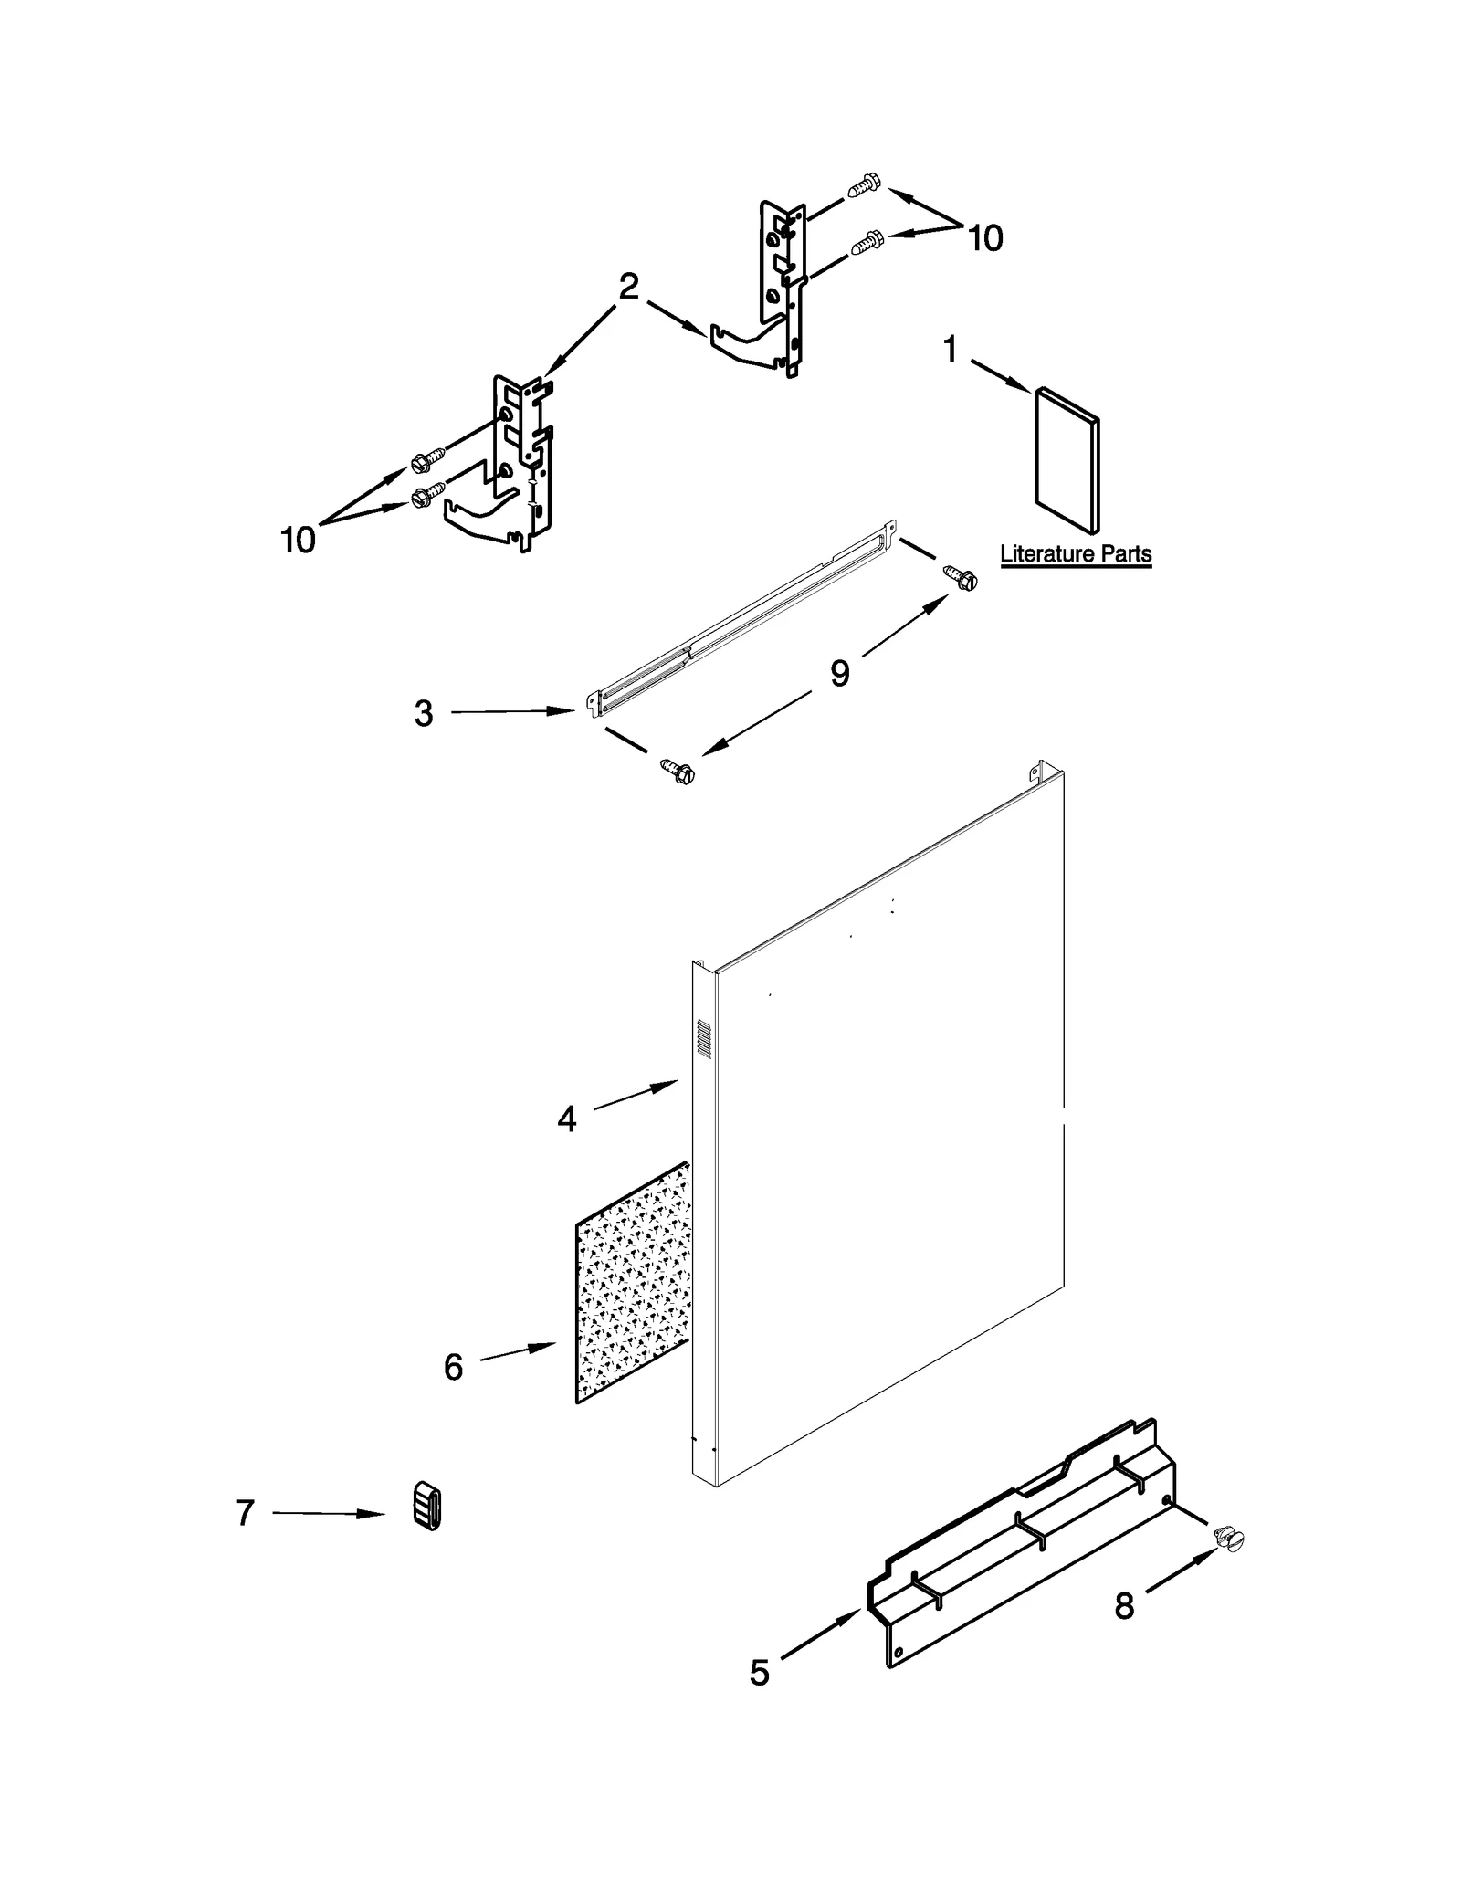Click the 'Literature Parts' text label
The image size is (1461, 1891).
pos(1075,554)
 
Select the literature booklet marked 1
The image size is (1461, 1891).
pos(1067,460)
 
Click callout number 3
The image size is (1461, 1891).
pos(423,714)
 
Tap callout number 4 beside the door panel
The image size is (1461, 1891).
pos(566,1119)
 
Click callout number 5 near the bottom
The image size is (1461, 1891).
pos(760,1673)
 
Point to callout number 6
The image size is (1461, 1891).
pos(453,1367)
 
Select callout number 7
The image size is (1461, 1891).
pos(245,1513)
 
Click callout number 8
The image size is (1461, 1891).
pos(1124,1605)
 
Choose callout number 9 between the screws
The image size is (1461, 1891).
pos(839,674)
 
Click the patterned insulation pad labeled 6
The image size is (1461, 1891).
pos(632,1287)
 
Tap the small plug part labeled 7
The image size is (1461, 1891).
pos(426,1506)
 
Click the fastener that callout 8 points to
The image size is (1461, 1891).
pos(1230,1539)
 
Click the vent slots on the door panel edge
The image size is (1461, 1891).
pos(703,1039)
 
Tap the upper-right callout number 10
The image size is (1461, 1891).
pos(984,238)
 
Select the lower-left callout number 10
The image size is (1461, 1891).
pos(298,541)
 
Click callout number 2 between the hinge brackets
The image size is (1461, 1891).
pos(628,287)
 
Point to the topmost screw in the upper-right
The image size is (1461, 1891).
pos(863,185)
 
